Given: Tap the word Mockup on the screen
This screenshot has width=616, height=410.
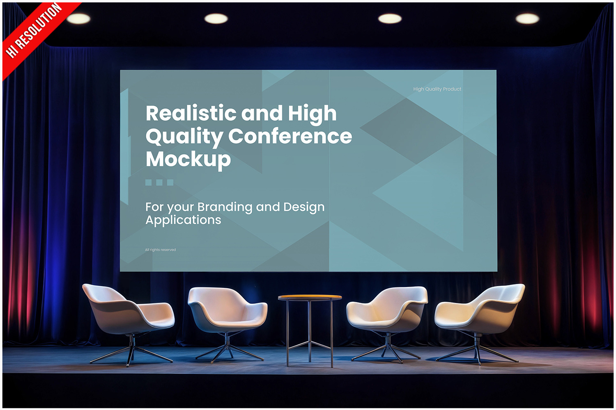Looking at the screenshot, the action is tap(188, 159).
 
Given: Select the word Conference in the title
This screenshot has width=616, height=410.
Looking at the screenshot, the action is tap(290, 136).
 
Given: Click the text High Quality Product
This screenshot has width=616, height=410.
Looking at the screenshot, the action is tap(437, 89).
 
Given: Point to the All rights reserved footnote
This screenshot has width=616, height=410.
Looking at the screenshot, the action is tap(160, 250).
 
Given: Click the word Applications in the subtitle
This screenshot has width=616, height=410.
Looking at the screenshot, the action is tap(183, 220).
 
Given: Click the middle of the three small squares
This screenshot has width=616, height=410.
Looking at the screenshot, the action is tap(159, 182).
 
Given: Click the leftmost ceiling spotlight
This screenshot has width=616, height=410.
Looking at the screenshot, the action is tap(78, 19).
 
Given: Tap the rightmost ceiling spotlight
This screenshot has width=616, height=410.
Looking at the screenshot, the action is tap(527, 19).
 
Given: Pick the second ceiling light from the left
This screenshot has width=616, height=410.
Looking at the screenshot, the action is tap(216, 19).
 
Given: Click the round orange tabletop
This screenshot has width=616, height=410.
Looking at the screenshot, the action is tap(310, 297).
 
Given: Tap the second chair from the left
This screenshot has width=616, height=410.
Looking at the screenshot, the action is tap(227, 324).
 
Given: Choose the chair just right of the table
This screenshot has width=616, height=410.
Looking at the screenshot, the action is tap(386, 324).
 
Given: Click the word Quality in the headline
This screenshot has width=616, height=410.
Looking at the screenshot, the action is tap(184, 137).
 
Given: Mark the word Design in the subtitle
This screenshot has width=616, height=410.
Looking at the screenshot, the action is tap(304, 207).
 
